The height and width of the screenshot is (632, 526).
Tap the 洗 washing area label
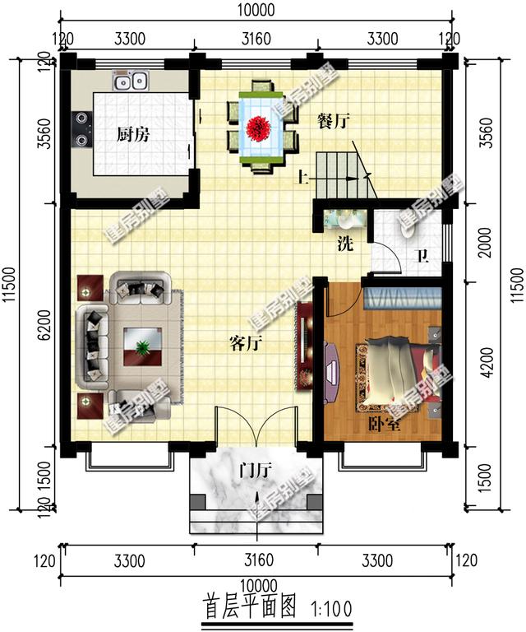pos(346,244)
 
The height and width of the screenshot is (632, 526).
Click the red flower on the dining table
pos(265,127)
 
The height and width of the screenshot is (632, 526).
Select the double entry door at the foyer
pos(254,428)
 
